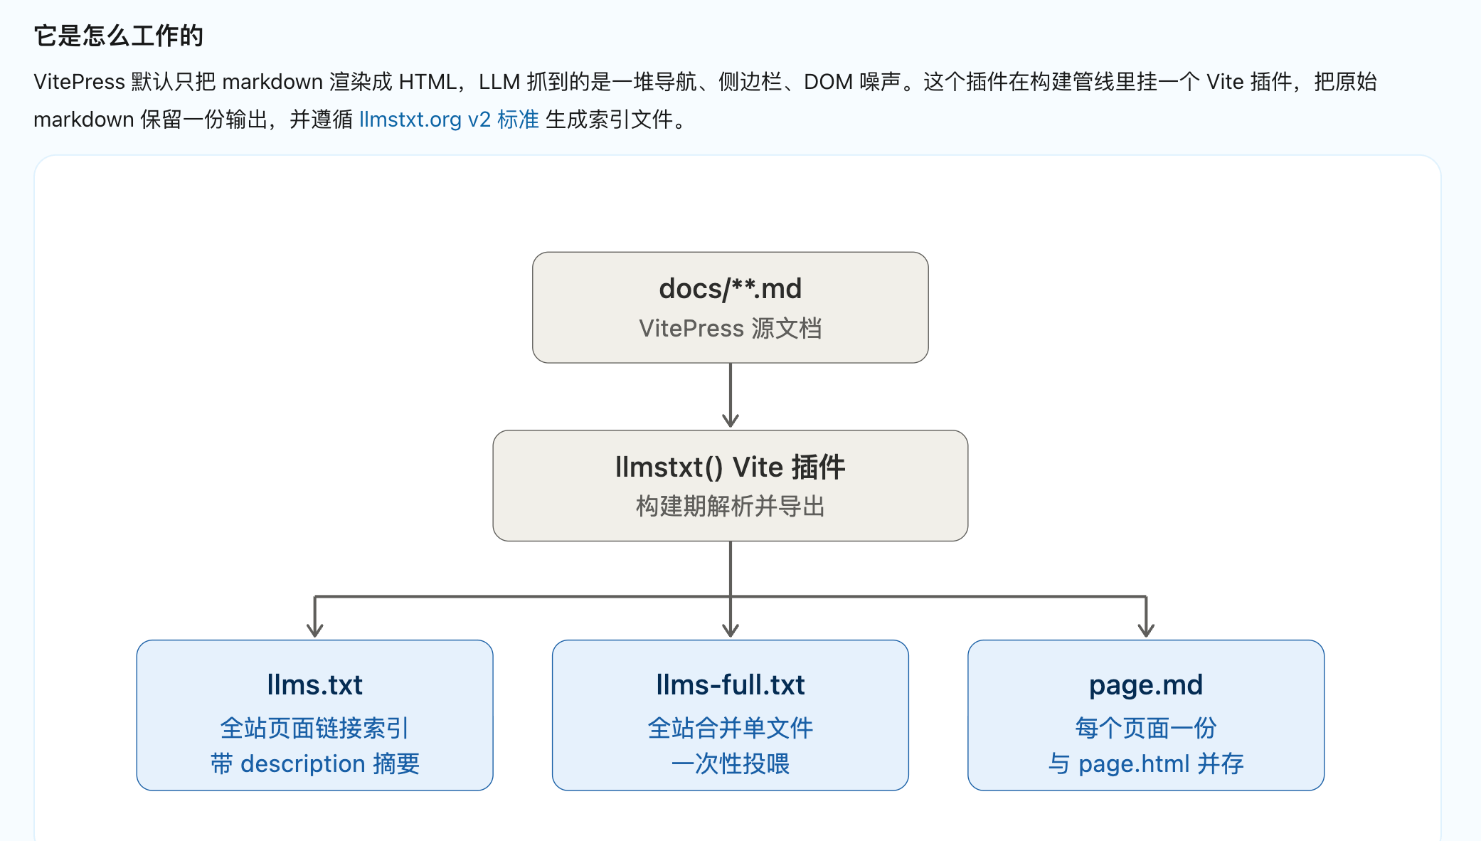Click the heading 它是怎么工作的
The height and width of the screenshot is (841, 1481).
(119, 36)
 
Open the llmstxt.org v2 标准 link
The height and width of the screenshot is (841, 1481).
(449, 120)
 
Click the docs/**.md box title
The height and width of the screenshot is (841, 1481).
(731, 289)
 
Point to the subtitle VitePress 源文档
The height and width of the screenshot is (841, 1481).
(731, 329)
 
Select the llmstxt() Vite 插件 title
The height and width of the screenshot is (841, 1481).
(731, 467)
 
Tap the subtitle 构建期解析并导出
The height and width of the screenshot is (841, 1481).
(731, 507)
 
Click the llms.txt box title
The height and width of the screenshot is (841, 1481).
(315, 685)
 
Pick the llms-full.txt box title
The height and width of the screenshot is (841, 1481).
(731, 685)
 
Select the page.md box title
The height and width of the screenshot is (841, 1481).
(1146, 685)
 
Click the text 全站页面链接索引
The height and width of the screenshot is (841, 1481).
(315, 728)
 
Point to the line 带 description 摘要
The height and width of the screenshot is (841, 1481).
(315, 763)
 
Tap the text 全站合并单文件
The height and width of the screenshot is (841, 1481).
(731, 728)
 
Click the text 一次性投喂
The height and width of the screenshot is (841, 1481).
(731, 763)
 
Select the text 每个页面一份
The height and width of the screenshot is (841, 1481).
(1146, 728)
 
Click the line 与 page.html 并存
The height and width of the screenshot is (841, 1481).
(1146, 763)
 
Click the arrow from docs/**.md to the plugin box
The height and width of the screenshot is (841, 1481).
(731, 396)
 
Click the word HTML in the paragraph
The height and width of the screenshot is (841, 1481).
(428, 82)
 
